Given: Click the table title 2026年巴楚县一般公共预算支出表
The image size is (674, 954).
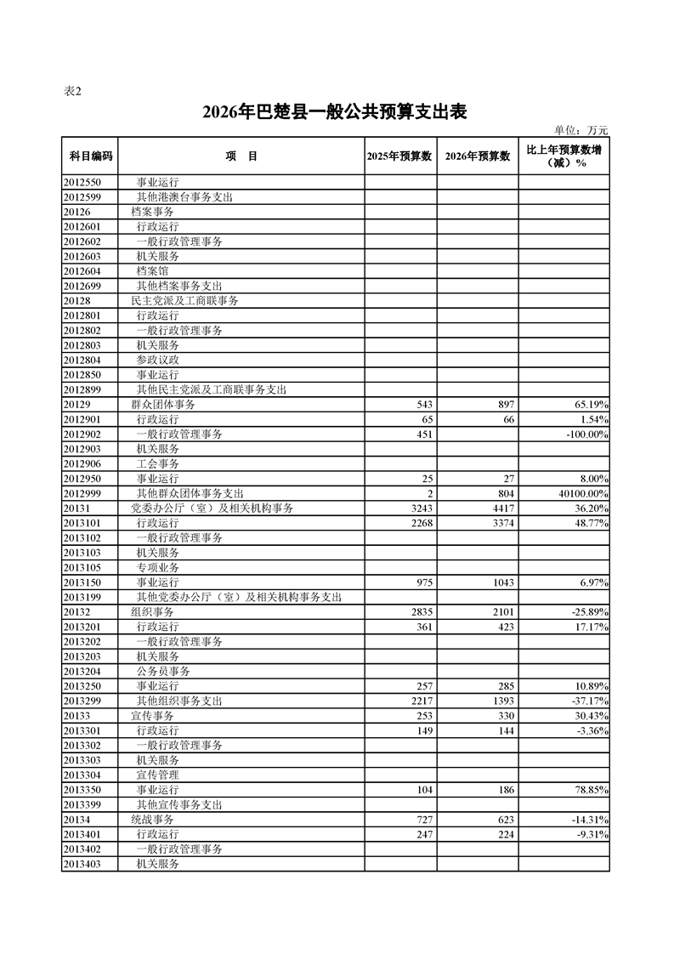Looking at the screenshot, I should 336,112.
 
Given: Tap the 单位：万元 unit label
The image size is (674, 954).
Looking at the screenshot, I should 581,130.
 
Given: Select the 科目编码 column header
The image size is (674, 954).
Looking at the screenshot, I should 91,156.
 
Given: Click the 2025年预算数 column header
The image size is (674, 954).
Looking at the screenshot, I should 401,156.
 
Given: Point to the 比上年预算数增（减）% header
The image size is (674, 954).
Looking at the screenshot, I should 564,156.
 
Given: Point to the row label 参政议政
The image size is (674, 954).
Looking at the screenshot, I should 157,361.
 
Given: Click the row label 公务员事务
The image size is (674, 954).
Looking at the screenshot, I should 163,672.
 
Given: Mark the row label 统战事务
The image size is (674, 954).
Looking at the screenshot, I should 152,820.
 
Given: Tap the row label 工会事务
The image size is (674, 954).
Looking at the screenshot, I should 157,464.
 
